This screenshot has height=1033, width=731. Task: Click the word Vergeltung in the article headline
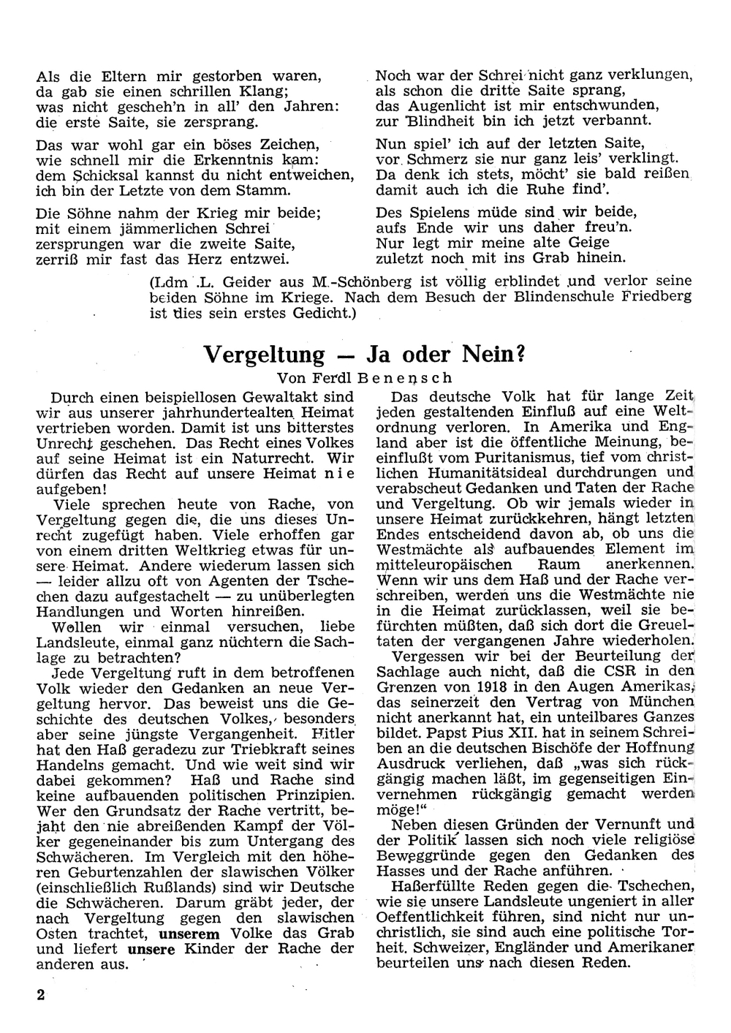point(262,355)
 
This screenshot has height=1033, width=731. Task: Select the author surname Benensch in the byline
point(406,378)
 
